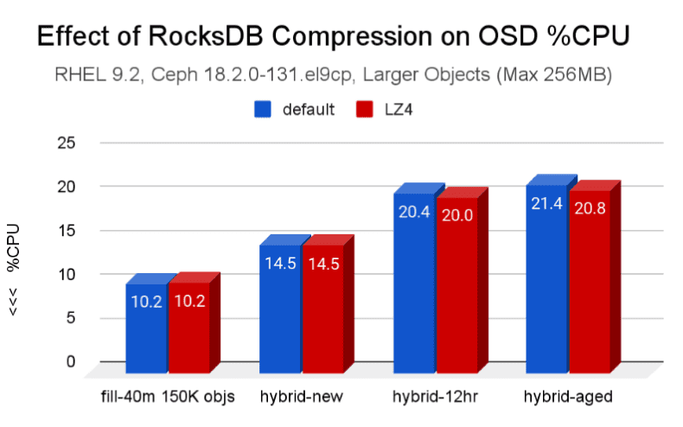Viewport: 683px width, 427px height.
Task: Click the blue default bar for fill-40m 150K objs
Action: (x=146, y=327)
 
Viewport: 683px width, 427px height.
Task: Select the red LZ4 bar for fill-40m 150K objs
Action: (x=188, y=327)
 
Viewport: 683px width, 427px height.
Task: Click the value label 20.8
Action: (x=590, y=209)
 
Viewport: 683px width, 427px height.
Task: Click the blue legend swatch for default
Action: (x=262, y=110)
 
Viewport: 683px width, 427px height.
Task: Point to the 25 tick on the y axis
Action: (x=67, y=143)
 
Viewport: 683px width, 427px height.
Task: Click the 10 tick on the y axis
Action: (x=67, y=274)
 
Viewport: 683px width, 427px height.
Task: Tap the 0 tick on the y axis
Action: (x=71, y=361)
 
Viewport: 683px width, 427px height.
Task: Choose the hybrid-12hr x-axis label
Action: (x=435, y=397)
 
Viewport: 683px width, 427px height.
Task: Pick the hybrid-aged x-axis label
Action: (x=568, y=397)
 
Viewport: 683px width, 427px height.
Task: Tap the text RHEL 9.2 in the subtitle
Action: (x=106, y=76)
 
